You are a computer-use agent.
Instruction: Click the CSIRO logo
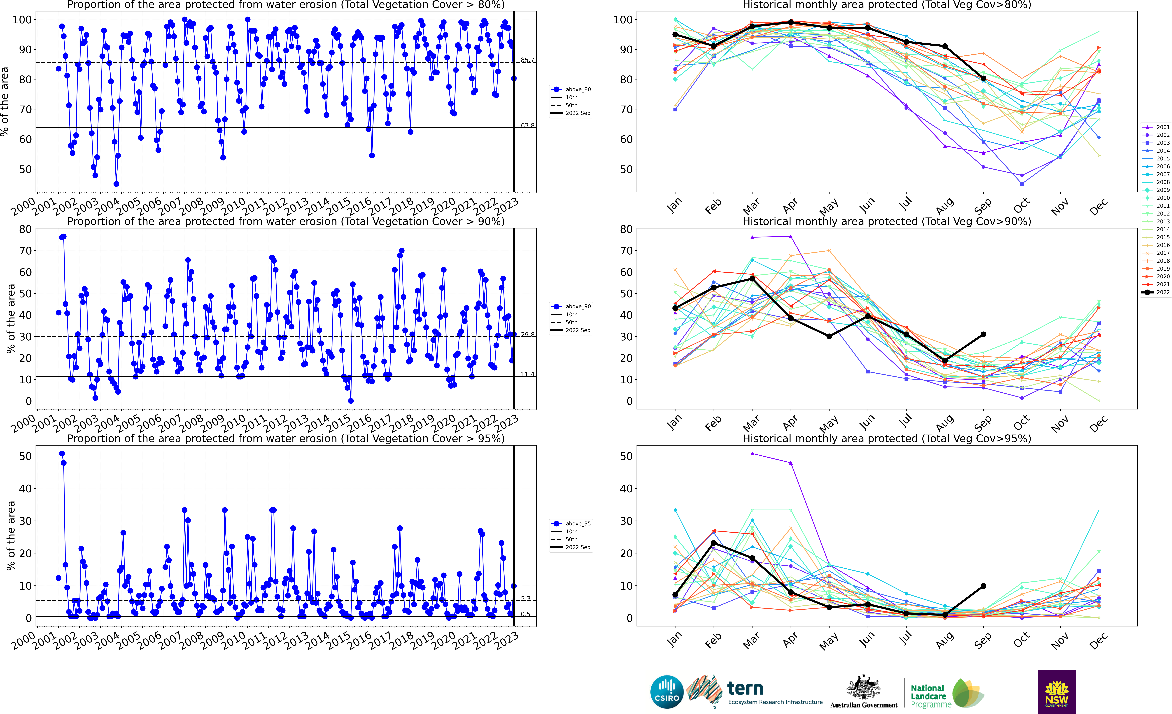tap(667, 692)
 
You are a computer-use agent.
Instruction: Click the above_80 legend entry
tap(571, 89)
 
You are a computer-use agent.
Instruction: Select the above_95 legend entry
tap(571, 524)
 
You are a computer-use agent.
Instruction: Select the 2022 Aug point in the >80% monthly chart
tap(945, 46)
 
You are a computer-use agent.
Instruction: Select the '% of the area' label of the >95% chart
tap(11, 536)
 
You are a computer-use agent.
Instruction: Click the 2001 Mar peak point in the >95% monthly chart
tap(752, 454)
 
